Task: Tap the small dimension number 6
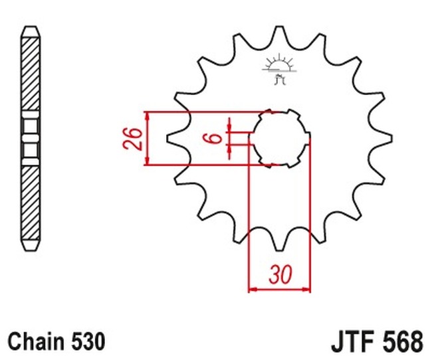tap(212, 138)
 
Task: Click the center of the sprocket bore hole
tap(280, 138)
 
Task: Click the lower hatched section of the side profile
tap(31, 203)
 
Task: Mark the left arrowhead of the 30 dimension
tap(251, 290)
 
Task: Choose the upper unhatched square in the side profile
tap(31, 126)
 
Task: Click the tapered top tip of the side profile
tap(31, 31)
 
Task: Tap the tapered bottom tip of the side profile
tap(31, 246)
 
